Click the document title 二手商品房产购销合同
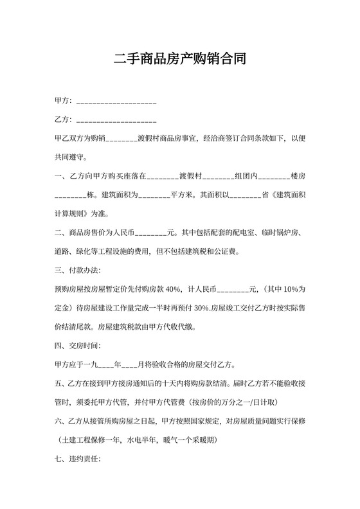coord(179,60)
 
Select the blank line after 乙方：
coord(116,121)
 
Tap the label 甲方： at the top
coord(65,102)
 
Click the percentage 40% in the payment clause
coord(173,289)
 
